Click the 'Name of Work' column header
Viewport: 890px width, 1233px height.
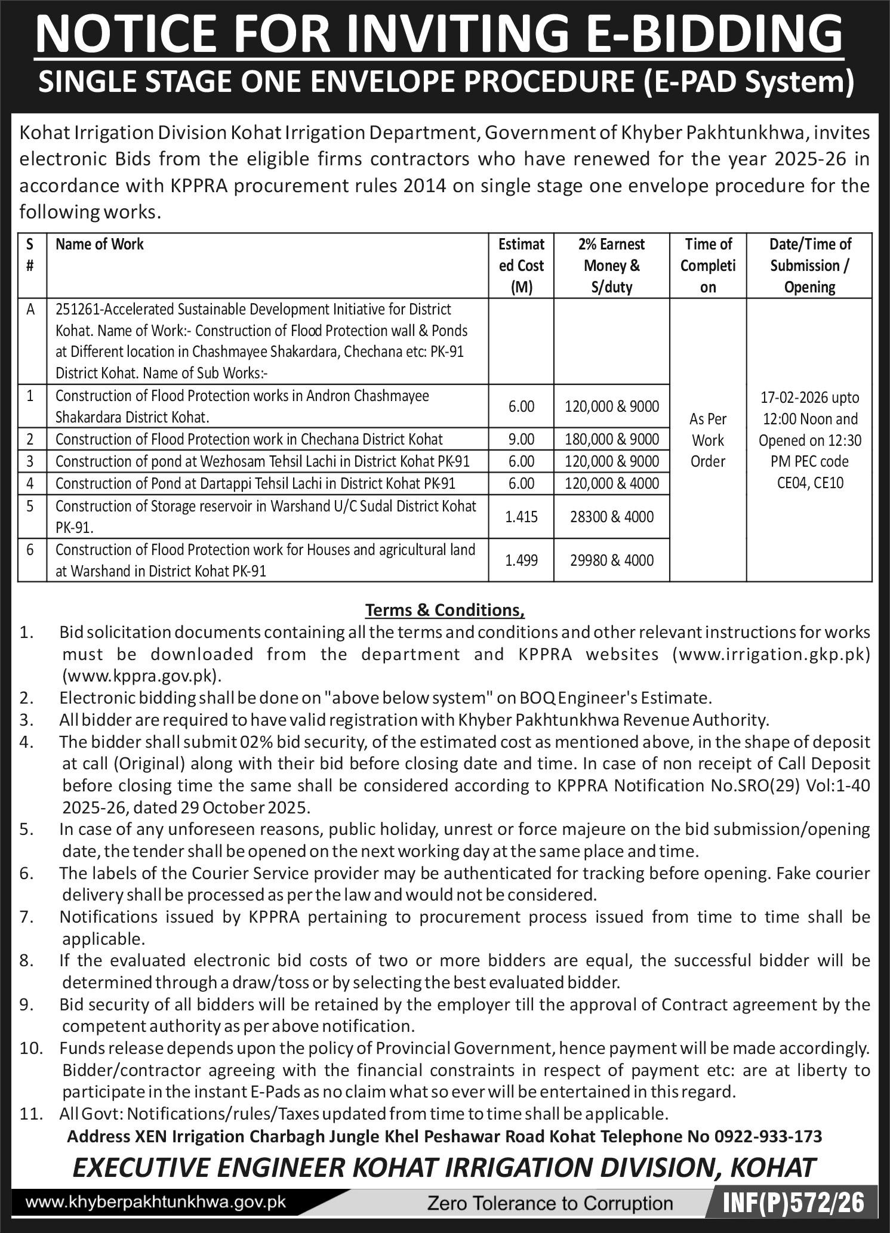point(100,244)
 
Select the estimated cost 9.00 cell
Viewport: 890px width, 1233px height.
point(521,439)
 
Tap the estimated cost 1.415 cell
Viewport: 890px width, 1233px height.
point(521,517)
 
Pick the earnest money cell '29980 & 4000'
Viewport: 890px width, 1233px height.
point(612,560)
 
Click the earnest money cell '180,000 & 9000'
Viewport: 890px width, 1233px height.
point(612,439)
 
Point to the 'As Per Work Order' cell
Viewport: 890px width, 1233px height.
point(707,440)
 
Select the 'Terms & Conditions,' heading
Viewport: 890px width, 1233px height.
point(445,610)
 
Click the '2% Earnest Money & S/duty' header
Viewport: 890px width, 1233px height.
point(612,266)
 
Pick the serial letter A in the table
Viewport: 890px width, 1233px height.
point(30,309)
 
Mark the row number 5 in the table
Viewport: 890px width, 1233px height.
point(30,506)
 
